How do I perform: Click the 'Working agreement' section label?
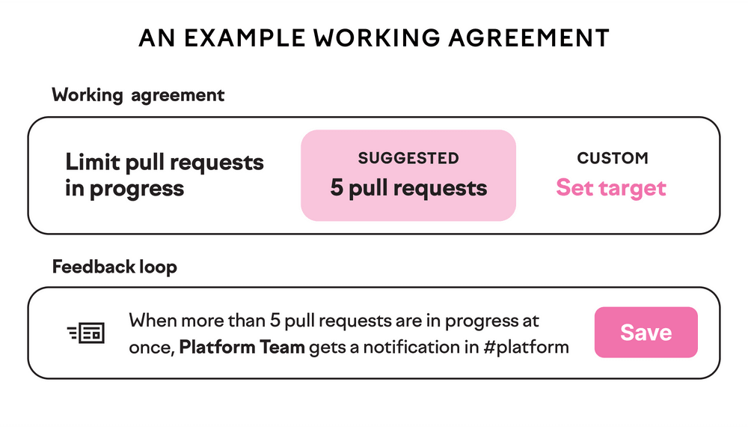(138, 95)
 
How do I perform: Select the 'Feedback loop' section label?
(114, 267)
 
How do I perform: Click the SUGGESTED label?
(408, 158)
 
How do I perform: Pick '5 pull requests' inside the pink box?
(408, 187)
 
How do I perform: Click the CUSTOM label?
(613, 158)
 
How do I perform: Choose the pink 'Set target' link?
(610, 187)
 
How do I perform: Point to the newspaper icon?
(86, 333)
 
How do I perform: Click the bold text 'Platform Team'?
(242, 347)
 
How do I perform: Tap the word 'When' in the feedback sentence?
(153, 321)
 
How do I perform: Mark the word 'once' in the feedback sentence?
(150, 347)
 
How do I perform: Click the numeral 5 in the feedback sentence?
(274, 321)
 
